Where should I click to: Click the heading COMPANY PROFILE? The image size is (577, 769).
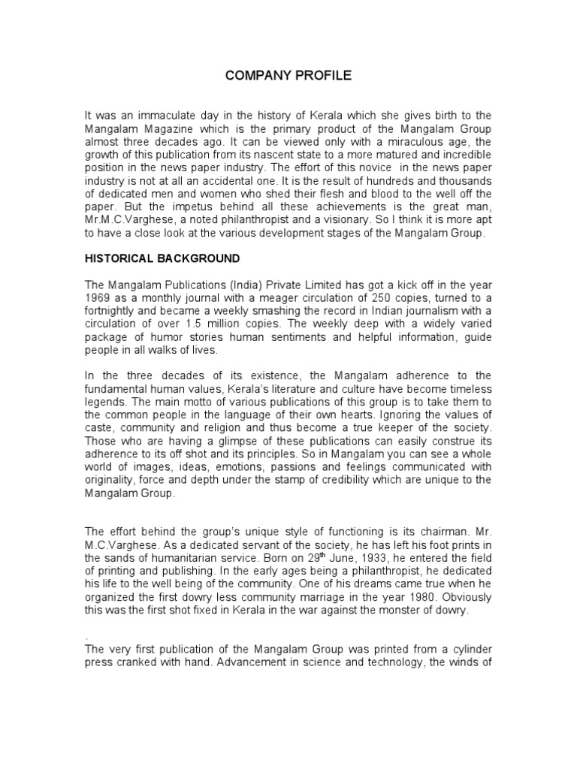pos(288,76)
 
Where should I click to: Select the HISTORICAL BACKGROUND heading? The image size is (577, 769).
pos(162,259)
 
